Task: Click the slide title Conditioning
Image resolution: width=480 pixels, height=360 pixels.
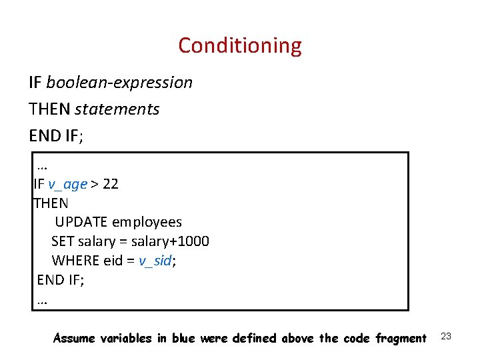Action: pyautogui.click(x=240, y=45)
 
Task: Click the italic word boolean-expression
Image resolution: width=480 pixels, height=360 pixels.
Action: pyautogui.click(x=119, y=83)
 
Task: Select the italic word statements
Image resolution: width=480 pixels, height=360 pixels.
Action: pyautogui.click(x=117, y=109)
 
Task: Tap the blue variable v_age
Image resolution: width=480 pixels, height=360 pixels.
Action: pyautogui.click(x=67, y=184)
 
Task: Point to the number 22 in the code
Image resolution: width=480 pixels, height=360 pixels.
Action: pyautogui.click(x=111, y=184)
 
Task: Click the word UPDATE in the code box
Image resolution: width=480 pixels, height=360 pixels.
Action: pyautogui.click(x=81, y=222)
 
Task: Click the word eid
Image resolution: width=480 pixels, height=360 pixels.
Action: pyautogui.click(x=113, y=261)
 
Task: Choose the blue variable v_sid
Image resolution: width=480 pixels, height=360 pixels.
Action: pyautogui.click(x=155, y=261)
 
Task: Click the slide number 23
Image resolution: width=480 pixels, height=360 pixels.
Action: pyautogui.click(x=446, y=336)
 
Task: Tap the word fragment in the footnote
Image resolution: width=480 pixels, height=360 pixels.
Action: pyautogui.click(x=402, y=339)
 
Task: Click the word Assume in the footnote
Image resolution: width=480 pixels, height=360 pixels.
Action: pyautogui.click(x=75, y=339)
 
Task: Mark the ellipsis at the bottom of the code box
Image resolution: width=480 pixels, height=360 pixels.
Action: pyautogui.click(x=43, y=301)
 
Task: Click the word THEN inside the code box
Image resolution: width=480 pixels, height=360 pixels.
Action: pyautogui.click(x=51, y=203)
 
